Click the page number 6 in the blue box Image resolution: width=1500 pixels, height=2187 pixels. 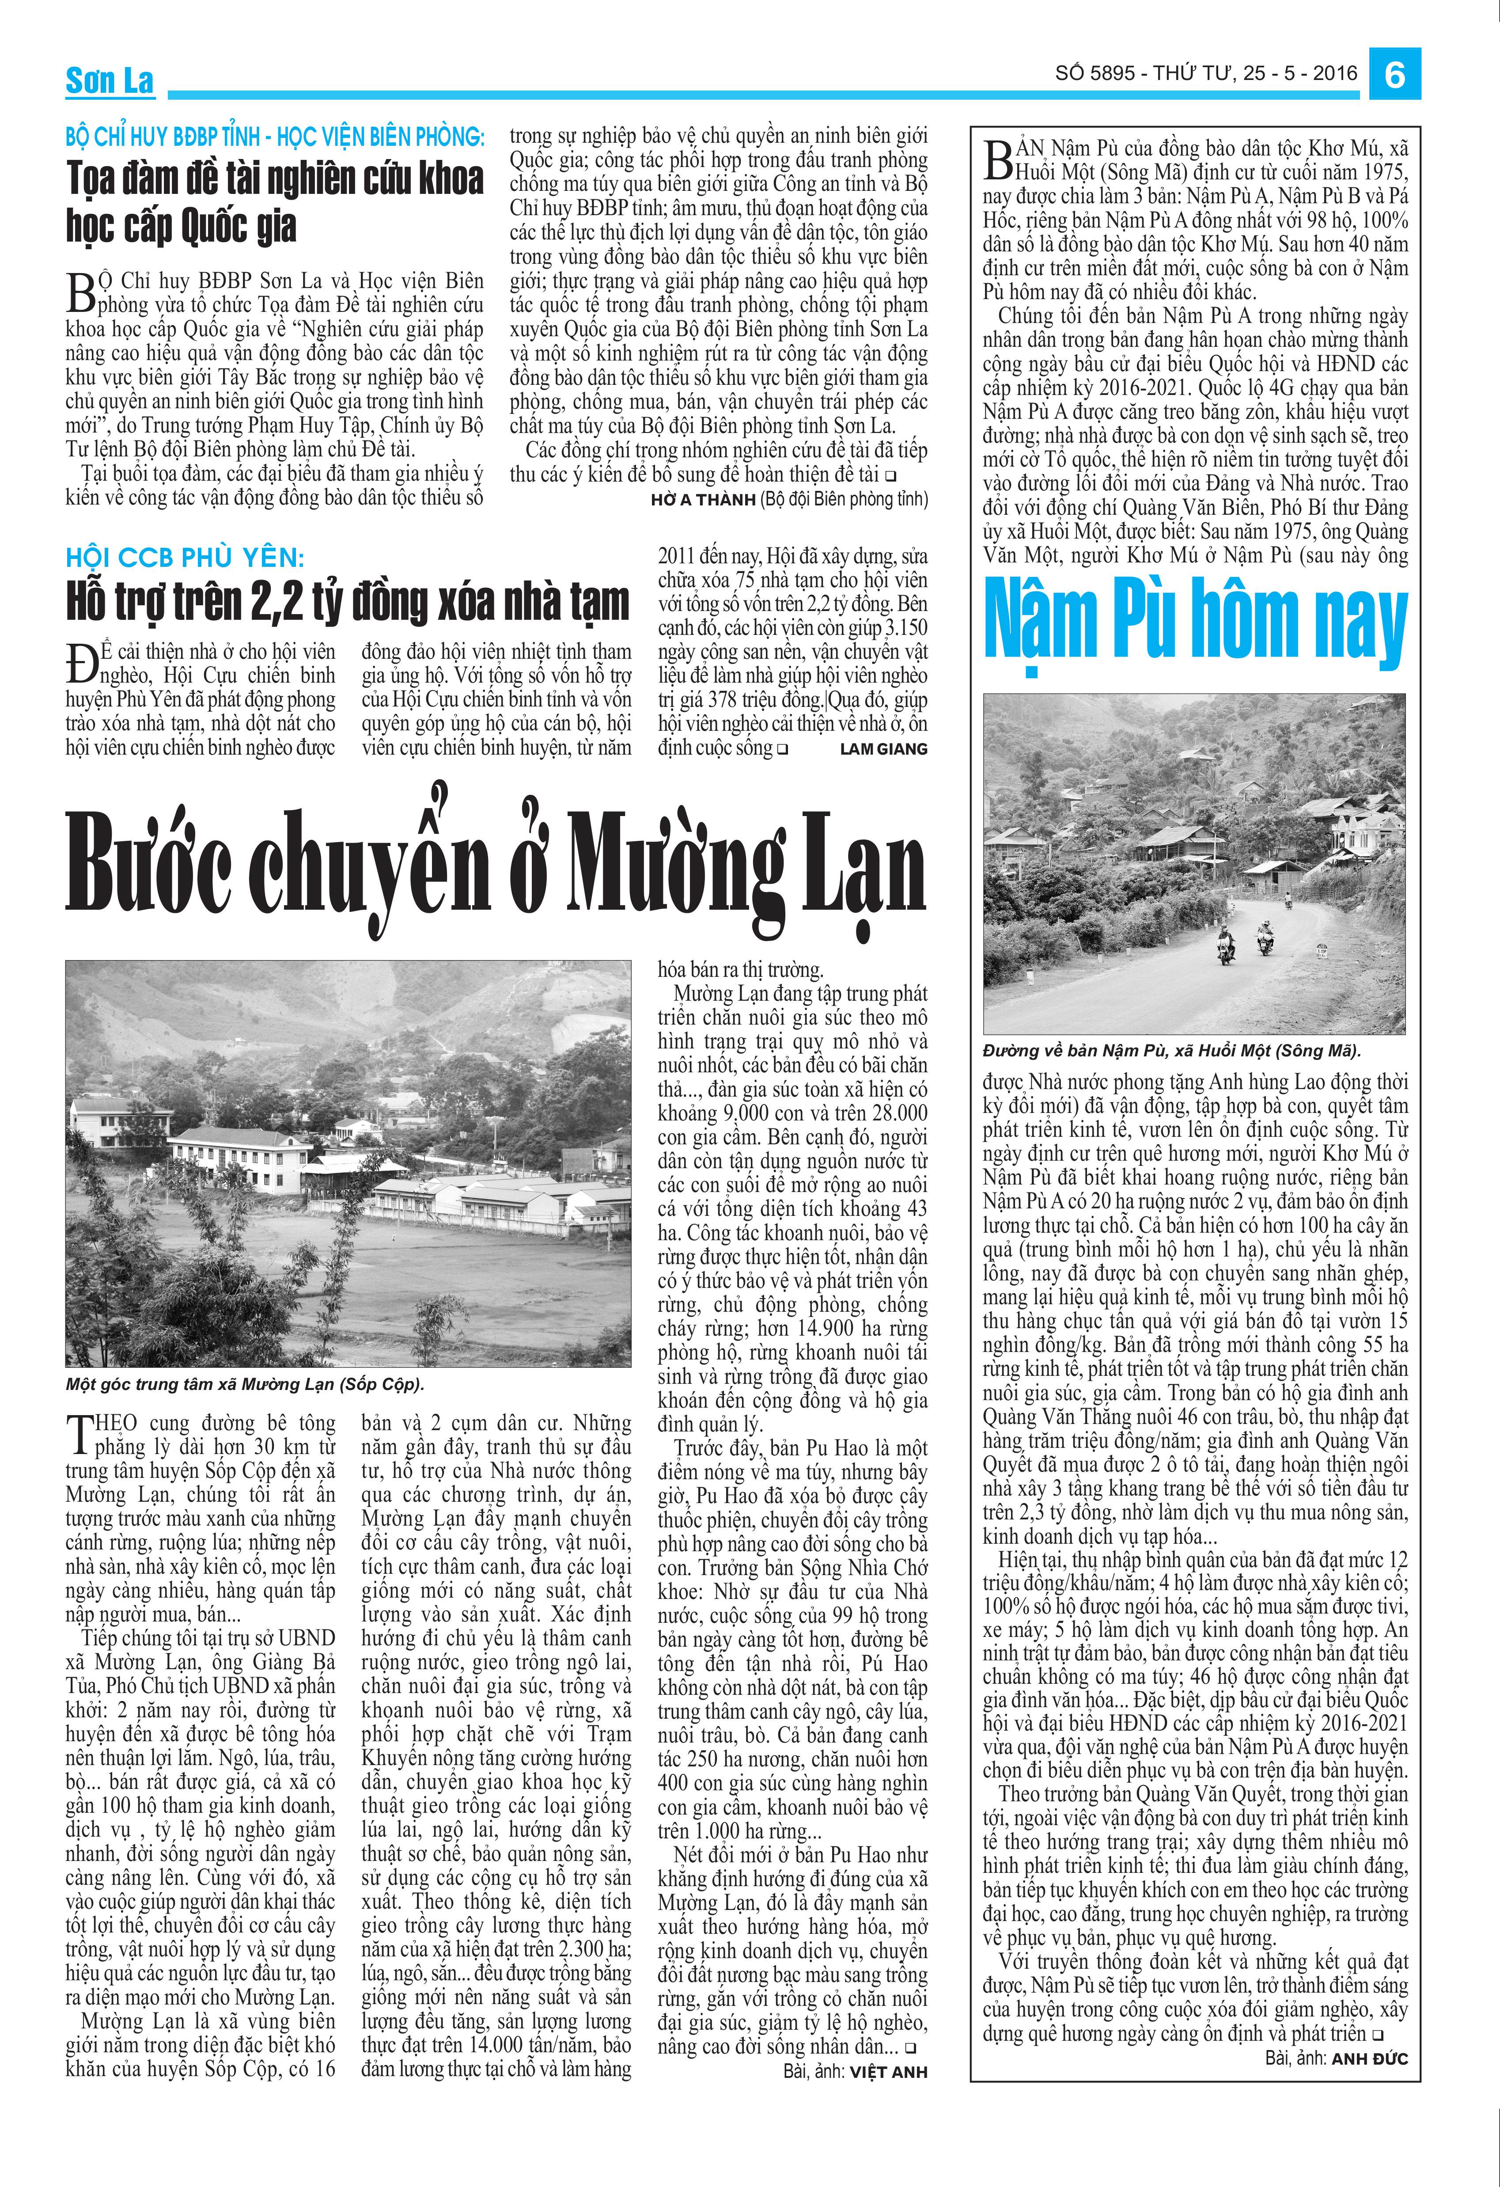point(1394,73)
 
